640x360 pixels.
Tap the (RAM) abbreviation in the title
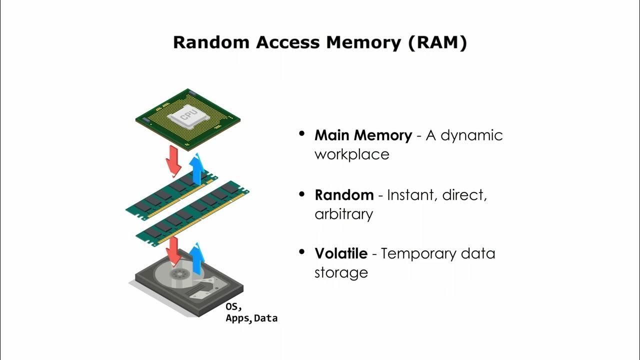tap(437, 42)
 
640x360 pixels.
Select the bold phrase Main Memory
tap(363, 135)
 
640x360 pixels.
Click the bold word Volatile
tap(340, 253)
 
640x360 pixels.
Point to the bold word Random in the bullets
tap(344, 194)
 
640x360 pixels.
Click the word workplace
tap(351, 154)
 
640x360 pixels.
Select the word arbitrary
tap(343, 214)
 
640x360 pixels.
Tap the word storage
tap(341, 272)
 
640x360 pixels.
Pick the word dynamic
tap(472, 135)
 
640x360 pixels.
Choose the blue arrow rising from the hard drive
tap(197, 258)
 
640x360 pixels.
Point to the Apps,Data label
tap(251, 318)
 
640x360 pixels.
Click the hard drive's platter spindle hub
tap(177, 273)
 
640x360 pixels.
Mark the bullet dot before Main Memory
tap(301, 134)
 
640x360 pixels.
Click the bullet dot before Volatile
tap(301, 252)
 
